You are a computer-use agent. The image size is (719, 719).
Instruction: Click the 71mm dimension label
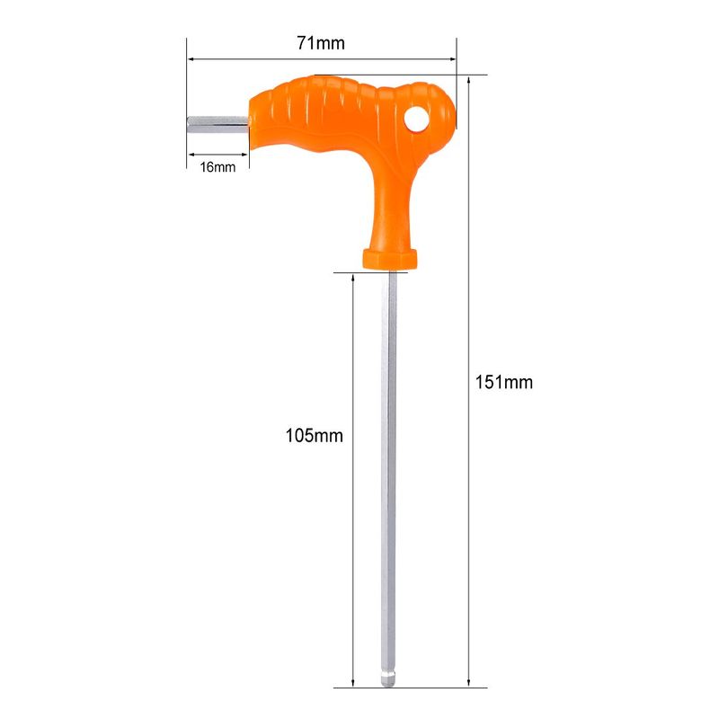321,43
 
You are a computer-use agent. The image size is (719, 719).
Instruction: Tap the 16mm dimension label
217,167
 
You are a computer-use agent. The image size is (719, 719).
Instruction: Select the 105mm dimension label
314,436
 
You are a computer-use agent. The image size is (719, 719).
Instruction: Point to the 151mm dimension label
504,383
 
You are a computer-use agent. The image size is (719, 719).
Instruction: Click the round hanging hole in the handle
416,119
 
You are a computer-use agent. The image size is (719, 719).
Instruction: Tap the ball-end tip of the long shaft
388,679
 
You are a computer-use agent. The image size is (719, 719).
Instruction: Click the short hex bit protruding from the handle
217,125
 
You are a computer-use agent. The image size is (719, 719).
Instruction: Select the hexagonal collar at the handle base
390,259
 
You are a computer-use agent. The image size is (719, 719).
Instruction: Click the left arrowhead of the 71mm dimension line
191,59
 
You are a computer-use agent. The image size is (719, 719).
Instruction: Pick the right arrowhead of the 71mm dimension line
452,59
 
